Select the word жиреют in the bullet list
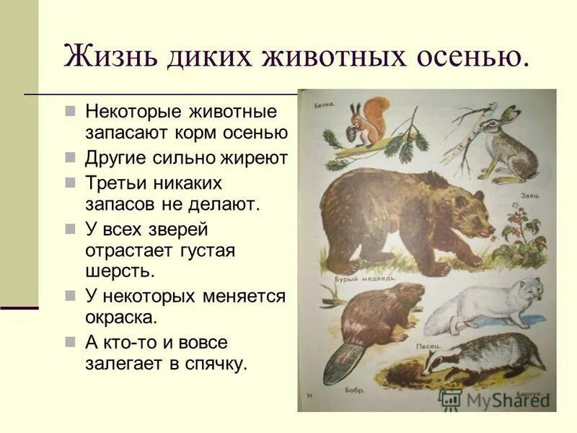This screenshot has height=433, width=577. [255, 158]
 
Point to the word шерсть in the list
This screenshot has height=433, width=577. [119, 271]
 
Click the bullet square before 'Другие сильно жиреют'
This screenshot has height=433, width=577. [70, 158]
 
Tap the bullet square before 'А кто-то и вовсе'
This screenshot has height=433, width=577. [70, 341]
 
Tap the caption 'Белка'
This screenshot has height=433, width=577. [325, 106]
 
